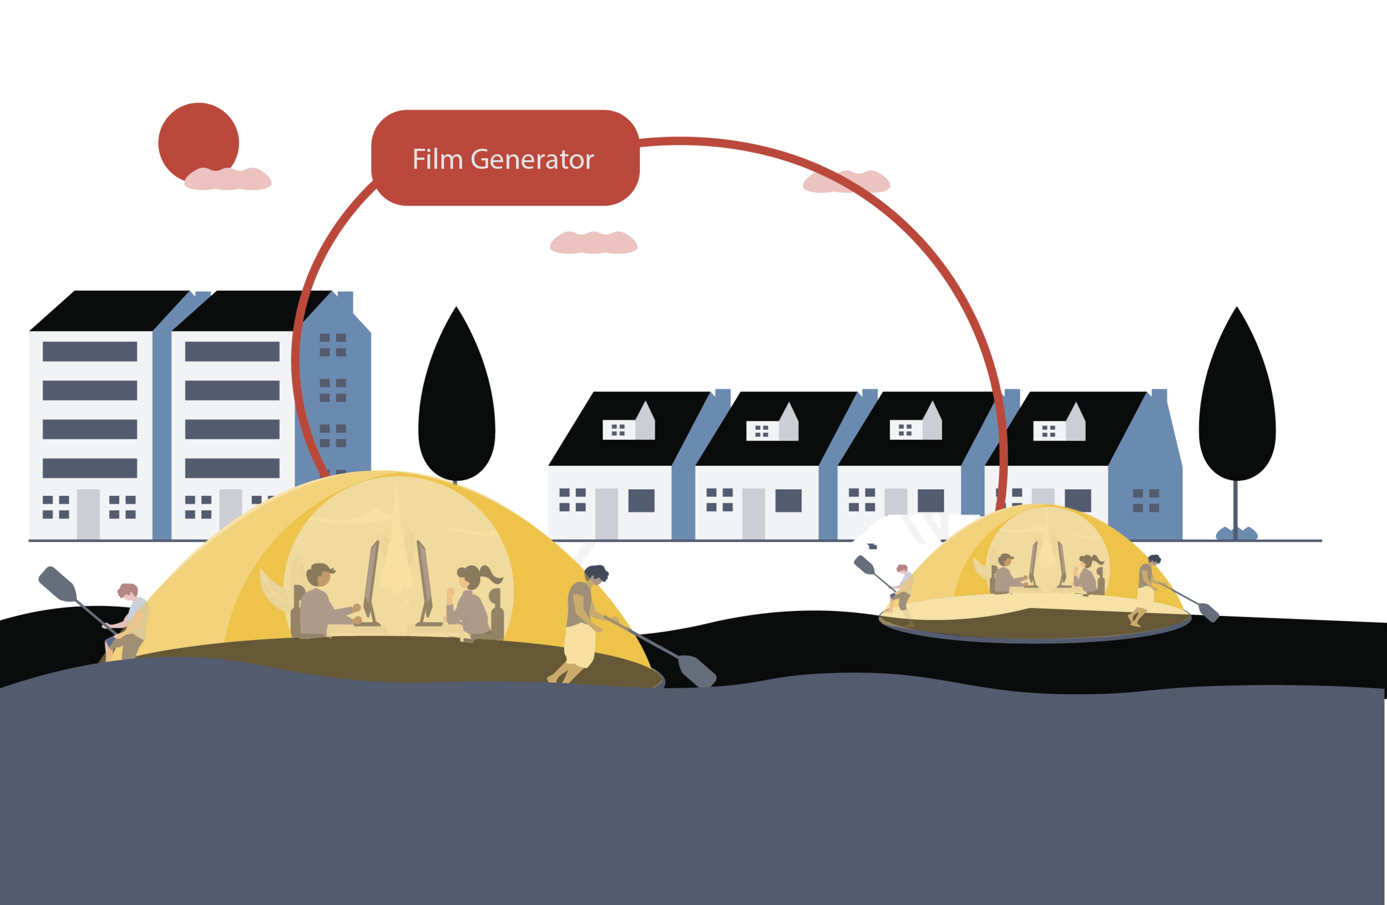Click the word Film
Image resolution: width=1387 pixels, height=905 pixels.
pos(437,159)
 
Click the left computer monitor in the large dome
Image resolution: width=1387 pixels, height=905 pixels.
pos(371,582)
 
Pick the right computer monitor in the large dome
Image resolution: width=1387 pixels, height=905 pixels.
pos(424,582)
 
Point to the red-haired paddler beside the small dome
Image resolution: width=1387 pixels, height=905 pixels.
pos(900,588)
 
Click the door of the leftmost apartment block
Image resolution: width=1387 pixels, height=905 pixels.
pos(88,513)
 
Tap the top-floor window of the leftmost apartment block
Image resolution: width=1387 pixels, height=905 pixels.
pos(90,351)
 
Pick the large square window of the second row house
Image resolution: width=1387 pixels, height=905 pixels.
pos(788,500)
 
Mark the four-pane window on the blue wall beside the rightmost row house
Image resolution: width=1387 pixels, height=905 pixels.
pos(1146,500)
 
